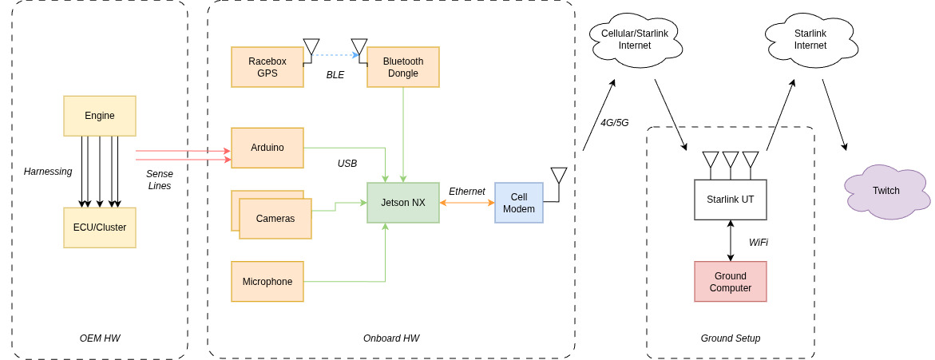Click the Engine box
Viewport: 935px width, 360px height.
tap(100, 116)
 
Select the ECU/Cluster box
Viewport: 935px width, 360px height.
tap(100, 227)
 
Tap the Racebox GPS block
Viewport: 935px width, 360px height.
tap(267, 67)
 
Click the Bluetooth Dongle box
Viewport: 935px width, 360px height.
tap(403, 67)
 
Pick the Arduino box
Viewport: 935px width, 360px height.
tap(267, 148)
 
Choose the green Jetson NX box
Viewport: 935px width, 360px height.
tap(403, 203)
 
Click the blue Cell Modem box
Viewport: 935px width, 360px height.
tap(518, 203)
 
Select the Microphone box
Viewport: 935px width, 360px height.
tap(267, 282)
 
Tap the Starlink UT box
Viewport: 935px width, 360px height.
tap(730, 200)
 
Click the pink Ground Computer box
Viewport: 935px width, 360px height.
tap(730, 282)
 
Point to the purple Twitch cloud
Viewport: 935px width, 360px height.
tap(885, 192)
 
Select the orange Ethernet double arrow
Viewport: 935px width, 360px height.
tap(467, 203)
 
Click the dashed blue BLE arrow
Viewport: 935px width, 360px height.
tap(335, 55)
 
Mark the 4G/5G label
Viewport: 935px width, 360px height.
tap(614, 123)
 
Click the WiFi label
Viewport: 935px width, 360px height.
tap(759, 243)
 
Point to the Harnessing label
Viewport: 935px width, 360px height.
tap(48, 172)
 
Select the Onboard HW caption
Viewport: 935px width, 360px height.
tap(391, 338)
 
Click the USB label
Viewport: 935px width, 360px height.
tap(347, 164)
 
